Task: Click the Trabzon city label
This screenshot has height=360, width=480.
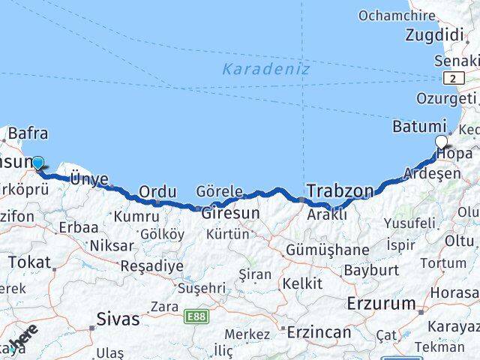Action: pos(339,190)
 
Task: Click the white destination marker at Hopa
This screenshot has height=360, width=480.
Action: pos(442,142)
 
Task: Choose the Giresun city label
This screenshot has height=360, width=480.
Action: pos(229,213)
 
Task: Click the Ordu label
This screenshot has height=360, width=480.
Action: pos(157,191)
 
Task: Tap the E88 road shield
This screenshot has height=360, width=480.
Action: pos(195,316)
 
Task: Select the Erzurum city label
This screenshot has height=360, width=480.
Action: pos(381,304)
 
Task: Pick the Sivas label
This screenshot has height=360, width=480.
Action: pos(118,319)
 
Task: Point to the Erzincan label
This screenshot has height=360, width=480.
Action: pos(320,331)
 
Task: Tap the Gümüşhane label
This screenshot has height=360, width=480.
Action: pos(327,250)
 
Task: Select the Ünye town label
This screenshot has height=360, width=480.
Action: pos(89,178)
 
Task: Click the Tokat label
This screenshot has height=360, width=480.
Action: pos(30,262)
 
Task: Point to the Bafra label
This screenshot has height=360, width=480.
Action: pos(28,134)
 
